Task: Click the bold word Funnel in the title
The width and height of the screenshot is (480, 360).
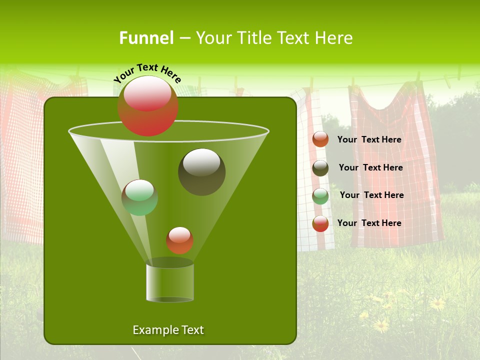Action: [x=146, y=38]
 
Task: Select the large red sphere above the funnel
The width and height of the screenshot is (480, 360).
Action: [x=147, y=106]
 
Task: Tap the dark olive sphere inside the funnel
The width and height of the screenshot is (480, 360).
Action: [x=201, y=172]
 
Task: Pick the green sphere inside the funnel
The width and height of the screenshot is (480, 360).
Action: [x=140, y=197]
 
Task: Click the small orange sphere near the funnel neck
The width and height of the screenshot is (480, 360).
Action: [x=179, y=240]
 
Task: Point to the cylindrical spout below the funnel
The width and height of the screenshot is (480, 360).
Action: [x=170, y=282]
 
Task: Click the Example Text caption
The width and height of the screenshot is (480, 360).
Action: [x=168, y=330]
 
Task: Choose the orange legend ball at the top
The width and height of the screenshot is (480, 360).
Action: [x=320, y=139]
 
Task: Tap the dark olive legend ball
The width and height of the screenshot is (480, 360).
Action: [x=320, y=168]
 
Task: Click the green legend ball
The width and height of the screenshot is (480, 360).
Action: [x=320, y=196]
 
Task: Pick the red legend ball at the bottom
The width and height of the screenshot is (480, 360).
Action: [x=320, y=223]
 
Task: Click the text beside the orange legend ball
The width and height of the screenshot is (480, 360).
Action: [x=369, y=139]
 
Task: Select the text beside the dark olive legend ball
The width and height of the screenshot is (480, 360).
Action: [x=370, y=167]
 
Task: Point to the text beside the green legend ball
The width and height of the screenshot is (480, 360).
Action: [x=371, y=195]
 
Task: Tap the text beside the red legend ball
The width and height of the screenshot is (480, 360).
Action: [x=369, y=223]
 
